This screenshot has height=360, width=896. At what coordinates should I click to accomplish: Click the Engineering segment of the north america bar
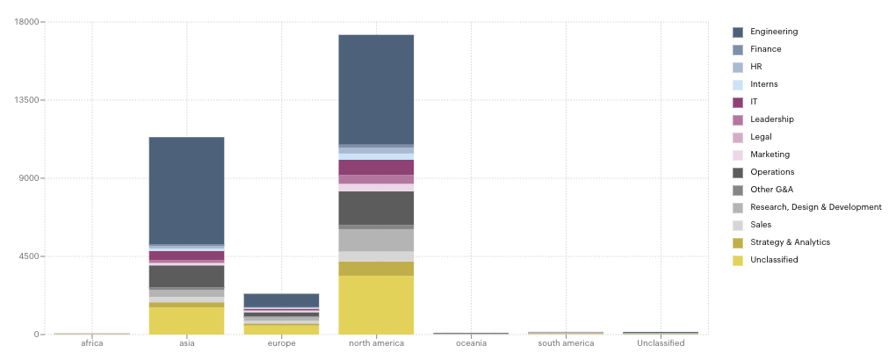[x=376, y=89]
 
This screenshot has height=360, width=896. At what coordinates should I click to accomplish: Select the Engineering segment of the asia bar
[x=186, y=190]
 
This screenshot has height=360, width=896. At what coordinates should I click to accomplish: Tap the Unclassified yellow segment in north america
[x=376, y=305]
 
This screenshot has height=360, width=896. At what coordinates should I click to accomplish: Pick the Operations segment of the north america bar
[x=376, y=208]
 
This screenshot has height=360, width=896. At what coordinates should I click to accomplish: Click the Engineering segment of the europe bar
[x=281, y=300]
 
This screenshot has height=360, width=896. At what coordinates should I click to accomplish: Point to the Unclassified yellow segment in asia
[x=186, y=320]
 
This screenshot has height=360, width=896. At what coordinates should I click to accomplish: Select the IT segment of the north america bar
[x=376, y=167]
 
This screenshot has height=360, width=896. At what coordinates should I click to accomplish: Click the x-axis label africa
[x=91, y=343]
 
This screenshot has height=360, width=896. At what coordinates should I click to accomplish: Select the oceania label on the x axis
[x=471, y=343]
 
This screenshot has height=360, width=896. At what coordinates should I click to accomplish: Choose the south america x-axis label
[x=566, y=343]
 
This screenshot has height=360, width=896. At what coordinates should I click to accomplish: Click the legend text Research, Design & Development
[x=815, y=207]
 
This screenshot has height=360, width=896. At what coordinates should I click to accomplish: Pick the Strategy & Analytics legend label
[x=790, y=242]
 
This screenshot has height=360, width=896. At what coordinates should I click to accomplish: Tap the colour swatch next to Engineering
[x=738, y=32]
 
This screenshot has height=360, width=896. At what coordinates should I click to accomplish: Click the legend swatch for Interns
[x=738, y=84]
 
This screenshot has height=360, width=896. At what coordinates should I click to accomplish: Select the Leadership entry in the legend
[x=771, y=119]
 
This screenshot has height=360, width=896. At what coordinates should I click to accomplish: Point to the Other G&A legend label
[x=771, y=190]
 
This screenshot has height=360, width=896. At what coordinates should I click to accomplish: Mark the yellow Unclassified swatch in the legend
[x=738, y=260]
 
